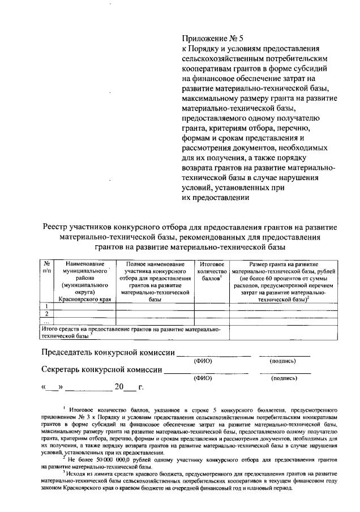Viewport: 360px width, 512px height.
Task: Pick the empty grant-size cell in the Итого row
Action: click(283, 332)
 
